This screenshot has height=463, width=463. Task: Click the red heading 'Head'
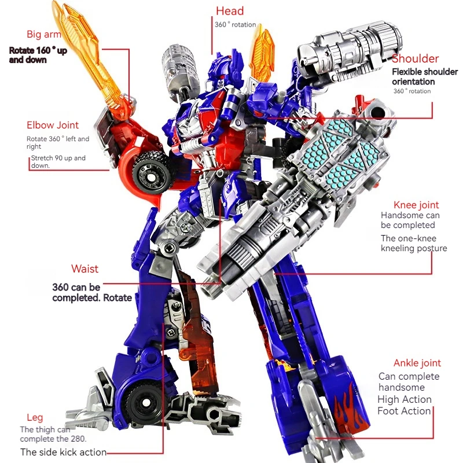(230, 11)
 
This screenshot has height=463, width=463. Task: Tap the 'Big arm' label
(43, 34)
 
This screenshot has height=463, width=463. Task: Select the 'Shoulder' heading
(415, 58)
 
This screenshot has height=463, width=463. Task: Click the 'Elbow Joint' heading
(53, 125)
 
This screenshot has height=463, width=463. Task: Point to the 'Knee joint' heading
(416, 205)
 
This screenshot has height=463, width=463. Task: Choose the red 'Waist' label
(84, 269)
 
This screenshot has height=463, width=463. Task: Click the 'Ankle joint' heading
(417, 363)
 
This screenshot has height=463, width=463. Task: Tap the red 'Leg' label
(35, 417)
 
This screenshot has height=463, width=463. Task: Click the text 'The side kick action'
(63, 452)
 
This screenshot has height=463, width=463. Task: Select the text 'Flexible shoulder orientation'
(425, 76)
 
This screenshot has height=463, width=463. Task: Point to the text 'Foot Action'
(404, 411)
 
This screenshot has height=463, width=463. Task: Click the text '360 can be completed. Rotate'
(91, 292)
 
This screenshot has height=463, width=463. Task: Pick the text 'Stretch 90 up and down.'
(58, 161)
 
